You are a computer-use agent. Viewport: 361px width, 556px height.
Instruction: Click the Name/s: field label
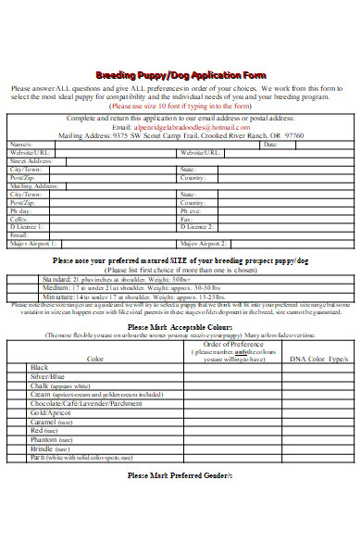[x=19, y=145]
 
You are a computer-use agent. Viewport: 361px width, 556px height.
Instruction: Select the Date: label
[x=270, y=145]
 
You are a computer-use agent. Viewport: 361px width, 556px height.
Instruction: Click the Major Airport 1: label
[x=32, y=242]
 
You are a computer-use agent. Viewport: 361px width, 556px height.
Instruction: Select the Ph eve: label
[x=191, y=211]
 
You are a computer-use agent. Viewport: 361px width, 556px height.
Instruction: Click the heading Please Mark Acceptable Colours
[x=180, y=327]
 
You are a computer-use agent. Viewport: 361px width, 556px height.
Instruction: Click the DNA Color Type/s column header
[x=318, y=359]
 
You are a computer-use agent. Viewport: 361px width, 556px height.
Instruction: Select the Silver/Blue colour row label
[x=47, y=377]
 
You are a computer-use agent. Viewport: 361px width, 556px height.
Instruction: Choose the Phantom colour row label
[x=44, y=440]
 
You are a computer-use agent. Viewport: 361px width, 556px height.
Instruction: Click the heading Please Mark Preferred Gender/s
[x=180, y=475]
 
